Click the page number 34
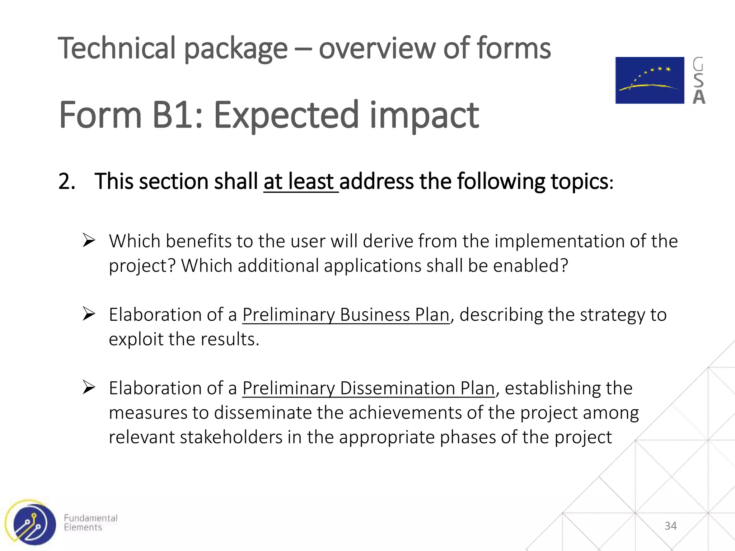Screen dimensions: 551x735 point(670,526)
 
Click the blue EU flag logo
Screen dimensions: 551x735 point(650,80)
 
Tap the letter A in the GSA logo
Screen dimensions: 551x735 point(699,97)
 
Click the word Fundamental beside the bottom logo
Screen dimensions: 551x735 point(90,518)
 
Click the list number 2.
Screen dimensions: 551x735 point(67,181)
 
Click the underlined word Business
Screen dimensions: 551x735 point(374,315)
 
